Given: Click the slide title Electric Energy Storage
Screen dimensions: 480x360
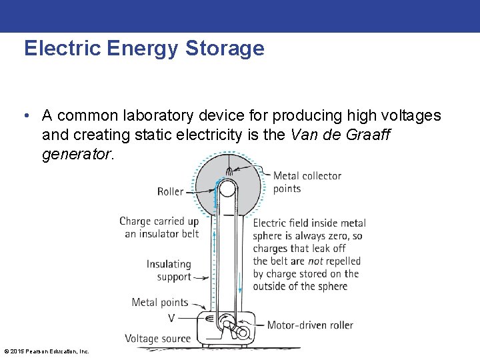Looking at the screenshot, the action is [x=144, y=49].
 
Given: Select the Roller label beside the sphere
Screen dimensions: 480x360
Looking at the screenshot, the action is [x=170, y=191].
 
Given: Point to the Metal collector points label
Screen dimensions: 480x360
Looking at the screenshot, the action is [x=307, y=182].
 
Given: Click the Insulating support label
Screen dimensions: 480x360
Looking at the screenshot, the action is [x=169, y=271].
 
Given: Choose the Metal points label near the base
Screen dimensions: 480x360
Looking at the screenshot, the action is [x=160, y=303].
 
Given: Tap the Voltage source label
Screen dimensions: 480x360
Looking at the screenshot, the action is [x=157, y=339].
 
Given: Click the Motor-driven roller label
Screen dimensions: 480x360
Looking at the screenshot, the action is [x=310, y=325].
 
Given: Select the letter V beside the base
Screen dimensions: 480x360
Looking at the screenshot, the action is [x=172, y=318].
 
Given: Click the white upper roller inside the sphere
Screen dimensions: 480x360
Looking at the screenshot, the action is [x=227, y=189].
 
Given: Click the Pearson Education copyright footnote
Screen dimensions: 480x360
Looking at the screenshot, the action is [x=47, y=351].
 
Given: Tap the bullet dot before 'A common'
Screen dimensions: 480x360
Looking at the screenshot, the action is [x=25, y=116].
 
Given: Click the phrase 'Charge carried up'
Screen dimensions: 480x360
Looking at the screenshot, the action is [x=159, y=221].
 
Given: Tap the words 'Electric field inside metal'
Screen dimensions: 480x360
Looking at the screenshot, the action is [x=309, y=223].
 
